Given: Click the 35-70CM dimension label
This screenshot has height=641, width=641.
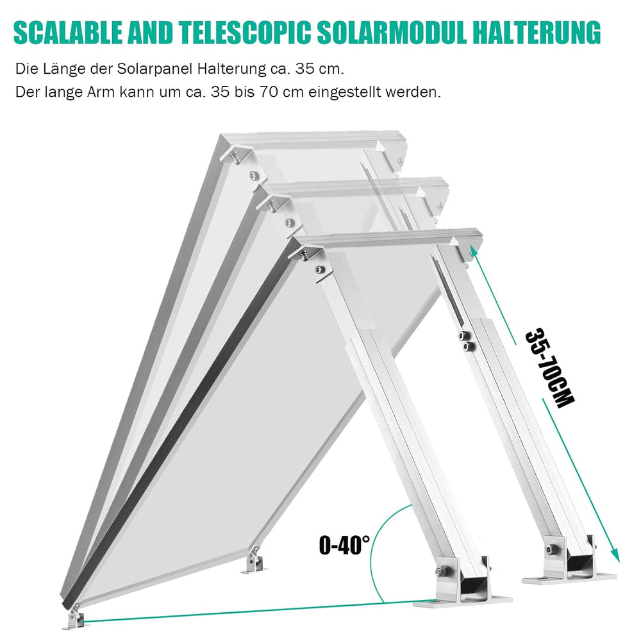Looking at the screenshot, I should (x=549, y=368).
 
